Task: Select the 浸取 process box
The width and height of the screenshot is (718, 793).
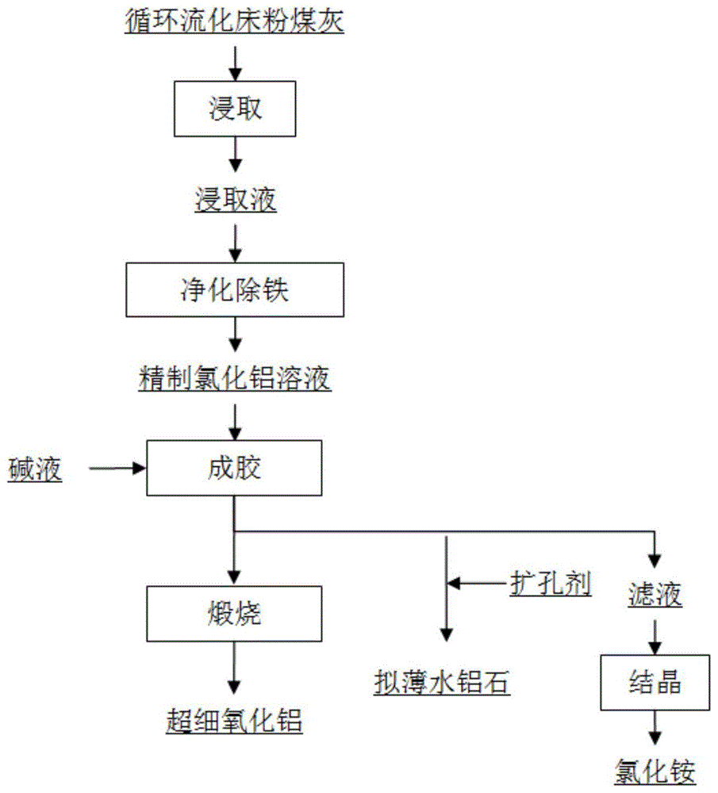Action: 235,109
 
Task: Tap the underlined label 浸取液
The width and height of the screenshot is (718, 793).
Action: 236,201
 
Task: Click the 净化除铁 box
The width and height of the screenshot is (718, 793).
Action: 235,290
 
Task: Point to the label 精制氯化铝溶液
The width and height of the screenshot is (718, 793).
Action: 235,381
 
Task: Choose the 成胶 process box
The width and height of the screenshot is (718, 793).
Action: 235,469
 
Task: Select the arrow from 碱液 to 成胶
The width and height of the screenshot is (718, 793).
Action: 117,469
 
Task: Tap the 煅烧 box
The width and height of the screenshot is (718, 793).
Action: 235,614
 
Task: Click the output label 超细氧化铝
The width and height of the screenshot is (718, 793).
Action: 235,721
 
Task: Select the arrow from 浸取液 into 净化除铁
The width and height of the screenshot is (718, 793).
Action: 235,243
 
